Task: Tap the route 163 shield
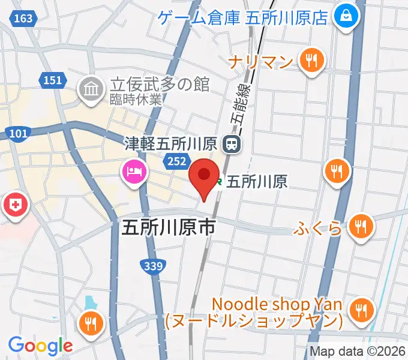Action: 23,19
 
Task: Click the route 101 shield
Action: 19,133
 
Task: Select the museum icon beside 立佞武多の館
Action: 91,90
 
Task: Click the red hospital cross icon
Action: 16,207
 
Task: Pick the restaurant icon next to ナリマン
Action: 311,61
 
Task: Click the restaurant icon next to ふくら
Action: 359,227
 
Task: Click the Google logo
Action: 40,345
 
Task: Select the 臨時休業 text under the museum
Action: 135,100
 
